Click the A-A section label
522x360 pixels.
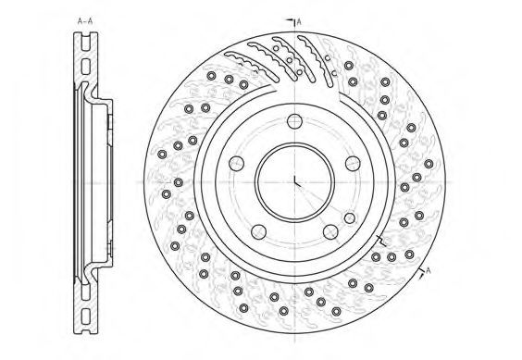[85, 21]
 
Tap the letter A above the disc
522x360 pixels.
[299, 22]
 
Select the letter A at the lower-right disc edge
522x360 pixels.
[429, 270]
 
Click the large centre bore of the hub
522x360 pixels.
[294, 183]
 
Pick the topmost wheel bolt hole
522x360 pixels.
[294, 121]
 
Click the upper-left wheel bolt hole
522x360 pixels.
[236, 163]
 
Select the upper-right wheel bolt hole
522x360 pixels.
[353, 163]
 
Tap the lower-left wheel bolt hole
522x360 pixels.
[258, 231]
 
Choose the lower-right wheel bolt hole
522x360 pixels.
[330, 231]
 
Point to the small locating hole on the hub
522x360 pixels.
[350, 218]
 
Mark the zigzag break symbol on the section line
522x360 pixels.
[380, 241]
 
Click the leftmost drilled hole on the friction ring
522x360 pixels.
[162, 155]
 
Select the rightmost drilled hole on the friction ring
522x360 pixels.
[429, 164]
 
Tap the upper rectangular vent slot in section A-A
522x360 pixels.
[85, 66]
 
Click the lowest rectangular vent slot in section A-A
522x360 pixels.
[85, 316]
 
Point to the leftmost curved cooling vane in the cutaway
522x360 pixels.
[251, 66]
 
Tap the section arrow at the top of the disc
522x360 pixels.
[291, 21]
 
